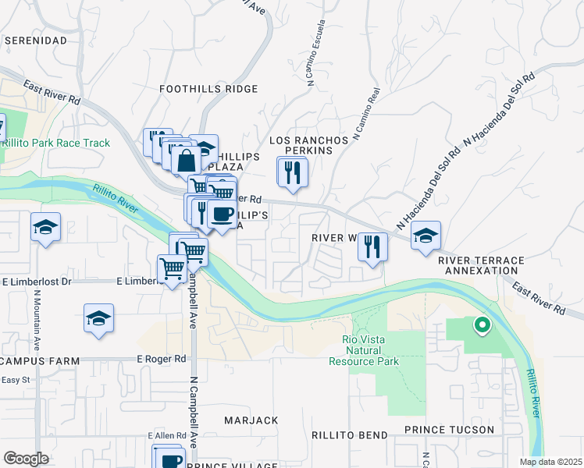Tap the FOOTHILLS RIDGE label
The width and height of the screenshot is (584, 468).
coord(208,89)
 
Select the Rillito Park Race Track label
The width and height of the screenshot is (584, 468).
coord(55,143)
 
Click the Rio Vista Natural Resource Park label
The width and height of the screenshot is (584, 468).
coord(370,350)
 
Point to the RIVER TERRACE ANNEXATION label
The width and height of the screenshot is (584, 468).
coord(479,264)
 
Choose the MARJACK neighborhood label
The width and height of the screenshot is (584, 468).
coord(251,420)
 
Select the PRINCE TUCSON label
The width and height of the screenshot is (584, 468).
coord(449,430)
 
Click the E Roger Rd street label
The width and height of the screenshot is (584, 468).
coord(162,359)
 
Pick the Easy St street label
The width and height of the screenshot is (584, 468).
coord(14,380)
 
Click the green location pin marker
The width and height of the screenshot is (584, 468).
coord(482,324)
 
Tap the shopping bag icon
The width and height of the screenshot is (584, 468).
coord(187,161)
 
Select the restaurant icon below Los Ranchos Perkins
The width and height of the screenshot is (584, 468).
coord(294,172)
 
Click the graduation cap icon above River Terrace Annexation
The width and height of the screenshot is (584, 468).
coord(426,235)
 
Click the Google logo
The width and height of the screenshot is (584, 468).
coord(26,459)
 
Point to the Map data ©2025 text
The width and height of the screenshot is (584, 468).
coord(550,462)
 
